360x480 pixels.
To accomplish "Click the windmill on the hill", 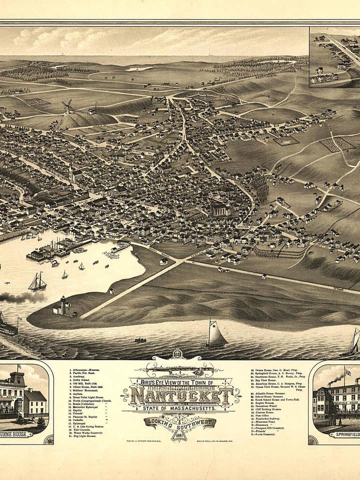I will (67, 106).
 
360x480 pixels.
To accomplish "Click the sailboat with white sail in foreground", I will (216, 335).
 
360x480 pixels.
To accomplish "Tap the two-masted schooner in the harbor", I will (37, 282).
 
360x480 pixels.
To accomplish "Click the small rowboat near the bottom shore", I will (140, 340).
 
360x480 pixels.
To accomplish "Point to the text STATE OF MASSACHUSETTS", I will (179, 408).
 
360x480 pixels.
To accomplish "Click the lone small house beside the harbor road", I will (163, 261).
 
